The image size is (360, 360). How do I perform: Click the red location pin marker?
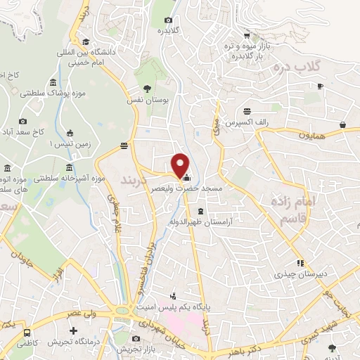click(x=180, y=165)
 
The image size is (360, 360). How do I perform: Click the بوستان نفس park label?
click(x=149, y=101)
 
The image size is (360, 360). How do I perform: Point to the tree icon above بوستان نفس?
click(x=146, y=89)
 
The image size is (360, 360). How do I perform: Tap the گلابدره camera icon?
click(x=168, y=20)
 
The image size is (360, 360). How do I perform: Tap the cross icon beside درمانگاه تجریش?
click(x=72, y=330)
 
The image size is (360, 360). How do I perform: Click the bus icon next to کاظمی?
click(x=27, y=333)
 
